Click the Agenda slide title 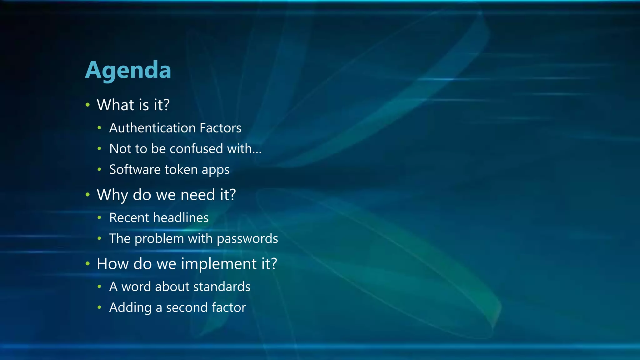(128, 70)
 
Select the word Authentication (152, 128)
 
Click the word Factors (220, 128)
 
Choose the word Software (135, 169)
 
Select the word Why (112, 195)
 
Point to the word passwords (247, 239)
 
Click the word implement (219, 264)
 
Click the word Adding (130, 308)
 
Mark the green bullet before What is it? (87, 105)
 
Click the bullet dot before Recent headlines (99, 217)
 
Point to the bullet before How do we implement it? (87, 264)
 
